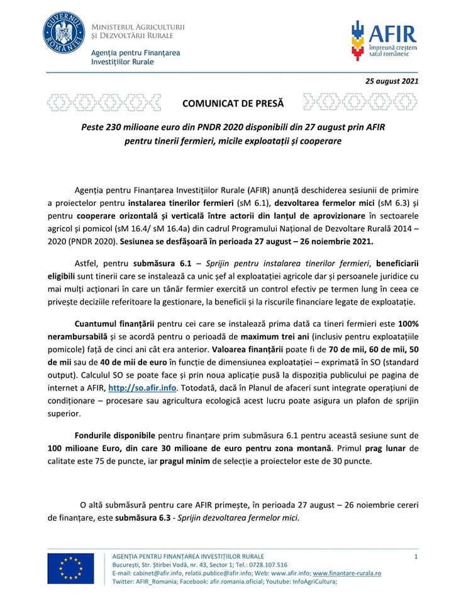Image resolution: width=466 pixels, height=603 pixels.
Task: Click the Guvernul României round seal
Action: point(64,33)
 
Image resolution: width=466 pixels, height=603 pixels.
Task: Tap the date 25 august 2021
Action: point(392,81)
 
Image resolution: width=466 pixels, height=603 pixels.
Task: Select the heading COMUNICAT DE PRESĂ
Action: point(233,102)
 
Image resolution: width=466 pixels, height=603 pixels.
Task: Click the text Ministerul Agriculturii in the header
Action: point(138,27)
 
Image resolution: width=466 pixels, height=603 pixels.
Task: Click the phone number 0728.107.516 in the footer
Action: point(269,565)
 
